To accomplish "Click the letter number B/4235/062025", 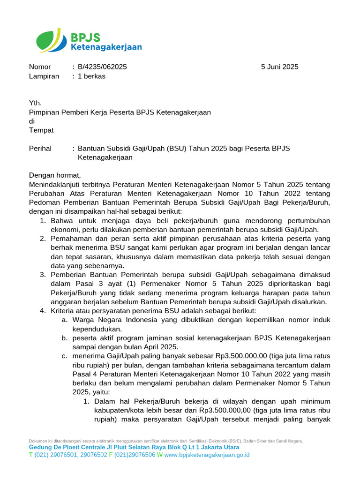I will [x=102, y=67].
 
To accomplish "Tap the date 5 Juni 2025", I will [x=279, y=67].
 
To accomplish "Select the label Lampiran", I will [x=44, y=76].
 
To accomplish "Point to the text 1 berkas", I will [x=91, y=76].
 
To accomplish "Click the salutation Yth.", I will [x=35, y=103].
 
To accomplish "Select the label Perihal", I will [x=40, y=149].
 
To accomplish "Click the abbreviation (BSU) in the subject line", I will [x=174, y=149].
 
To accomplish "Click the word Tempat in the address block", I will [x=41, y=130].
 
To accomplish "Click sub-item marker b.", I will [x=64, y=338].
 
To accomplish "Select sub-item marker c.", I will [x=64, y=356].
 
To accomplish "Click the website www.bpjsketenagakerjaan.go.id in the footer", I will [x=207, y=455].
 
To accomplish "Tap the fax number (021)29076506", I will [x=135, y=455].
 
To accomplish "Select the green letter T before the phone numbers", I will [x=31, y=455].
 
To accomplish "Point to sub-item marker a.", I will [x=64, y=320].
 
